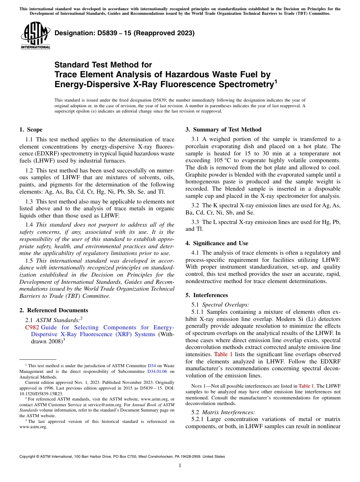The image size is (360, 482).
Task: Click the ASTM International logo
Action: (35, 35)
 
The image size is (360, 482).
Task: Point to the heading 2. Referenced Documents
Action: (53, 310)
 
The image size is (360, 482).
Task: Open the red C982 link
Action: (32, 327)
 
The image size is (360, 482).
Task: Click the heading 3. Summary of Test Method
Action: (223, 130)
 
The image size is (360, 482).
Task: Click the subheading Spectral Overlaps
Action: (225, 304)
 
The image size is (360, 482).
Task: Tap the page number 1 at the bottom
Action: (180, 466)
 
